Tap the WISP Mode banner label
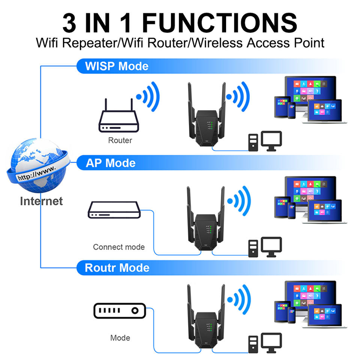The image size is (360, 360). coord(117,66)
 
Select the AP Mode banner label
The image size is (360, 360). coord(111,163)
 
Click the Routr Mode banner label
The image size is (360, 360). coord(117,268)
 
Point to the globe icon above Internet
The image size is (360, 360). coord(38,165)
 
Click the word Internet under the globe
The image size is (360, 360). coord(41,201)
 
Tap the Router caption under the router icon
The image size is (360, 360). coord(120,140)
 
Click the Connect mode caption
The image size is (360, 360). coord(119,247)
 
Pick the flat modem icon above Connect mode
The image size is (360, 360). coord(114,210)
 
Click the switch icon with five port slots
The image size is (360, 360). coord(120,310)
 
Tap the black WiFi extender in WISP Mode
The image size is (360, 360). coord(206,115)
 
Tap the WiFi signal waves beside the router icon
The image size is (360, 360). coord(148,96)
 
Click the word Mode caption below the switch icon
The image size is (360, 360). coord(120,338)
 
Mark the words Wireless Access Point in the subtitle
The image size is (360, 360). coord(258,43)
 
